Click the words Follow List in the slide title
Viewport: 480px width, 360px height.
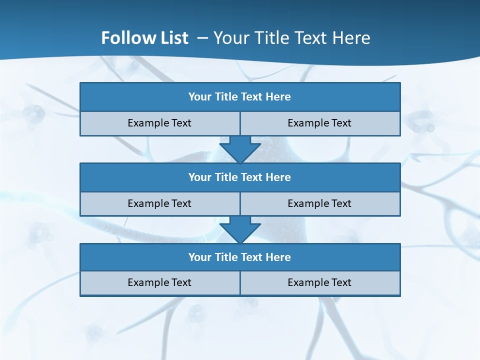pyautogui.click(x=144, y=38)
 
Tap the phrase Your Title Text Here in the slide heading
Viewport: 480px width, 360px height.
pyautogui.click(x=291, y=38)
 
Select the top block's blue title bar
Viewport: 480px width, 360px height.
pyautogui.click(x=240, y=97)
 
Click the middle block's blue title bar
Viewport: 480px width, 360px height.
pyautogui.click(x=240, y=177)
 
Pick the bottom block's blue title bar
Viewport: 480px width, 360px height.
pyautogui.click(x=240, y=257)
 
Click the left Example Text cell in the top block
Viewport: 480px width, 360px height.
pyautogui.click(x=159, y=123)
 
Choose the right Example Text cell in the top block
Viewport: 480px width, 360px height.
pyautogui.click(x=320, y=123)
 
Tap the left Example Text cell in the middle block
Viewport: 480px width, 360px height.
pyautogui.click(x=159, y=204)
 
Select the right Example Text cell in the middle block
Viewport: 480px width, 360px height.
pyautogui.click(x=320, y=204)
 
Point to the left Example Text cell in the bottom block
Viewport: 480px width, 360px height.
pyautogui.click(x=159, y=283)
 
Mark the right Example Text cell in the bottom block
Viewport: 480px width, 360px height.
pyautogui.click(x=320, y=283)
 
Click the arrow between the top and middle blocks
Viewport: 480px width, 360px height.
pyautogui.click(x=240, y=149)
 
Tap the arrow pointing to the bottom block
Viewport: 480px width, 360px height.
pyautogui.click(x=240, y=229)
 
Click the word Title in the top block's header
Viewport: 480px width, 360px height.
pyautogui.click(x=226, y=97)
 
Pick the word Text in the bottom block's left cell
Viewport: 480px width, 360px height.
pyautogui.click(x=181, y=283)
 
